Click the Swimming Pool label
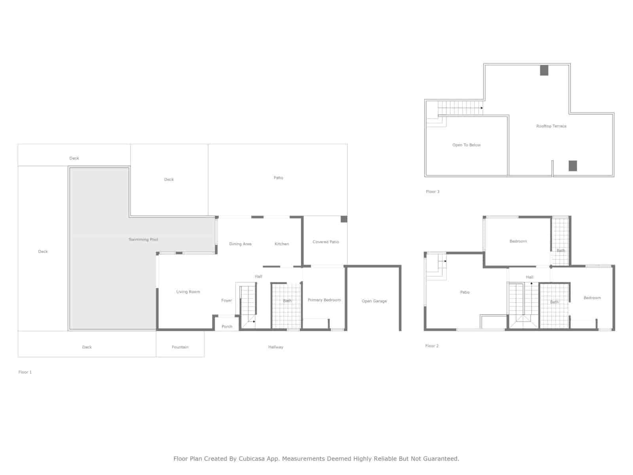click(x=143, y=239)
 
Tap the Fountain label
click(x=180, y=347)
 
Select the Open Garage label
click(x=374, y=301)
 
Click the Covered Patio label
click(x=326, y=242)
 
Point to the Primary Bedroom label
click(x=324, y=300)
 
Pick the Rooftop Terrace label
click(x=551, y=126)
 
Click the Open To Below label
click(x=466, y=145)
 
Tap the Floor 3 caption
click(x=432, y=192)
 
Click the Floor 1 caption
click(x=25, y=372)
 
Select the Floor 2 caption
click(x=432, y=346)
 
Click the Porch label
click(x=227, y=327)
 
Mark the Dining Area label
click(x=240, y=244)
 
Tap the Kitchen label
click(x=282, y=244)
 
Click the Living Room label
click(x=188, y=292)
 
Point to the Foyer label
click(x=226, y=300)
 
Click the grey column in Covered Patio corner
click(x=344, y=219)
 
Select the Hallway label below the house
click(x=275, y=347)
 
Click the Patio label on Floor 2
click(x=464, y=293)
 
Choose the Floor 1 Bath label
click(x=287, y=301)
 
